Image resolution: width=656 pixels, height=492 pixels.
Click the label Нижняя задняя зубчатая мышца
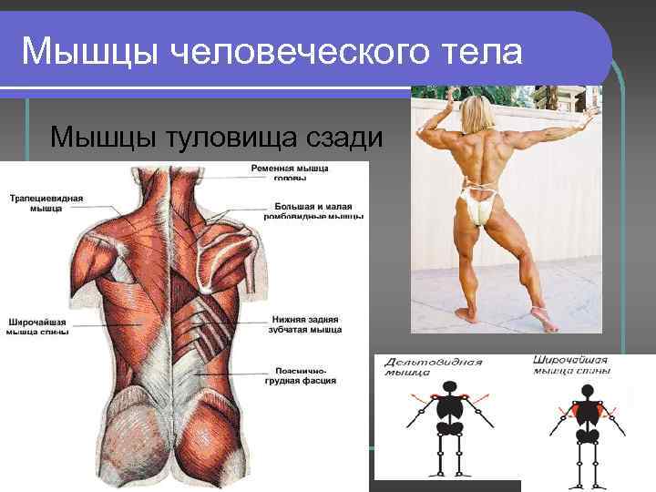point(306,324)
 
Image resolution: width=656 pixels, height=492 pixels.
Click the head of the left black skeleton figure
point(447,387)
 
